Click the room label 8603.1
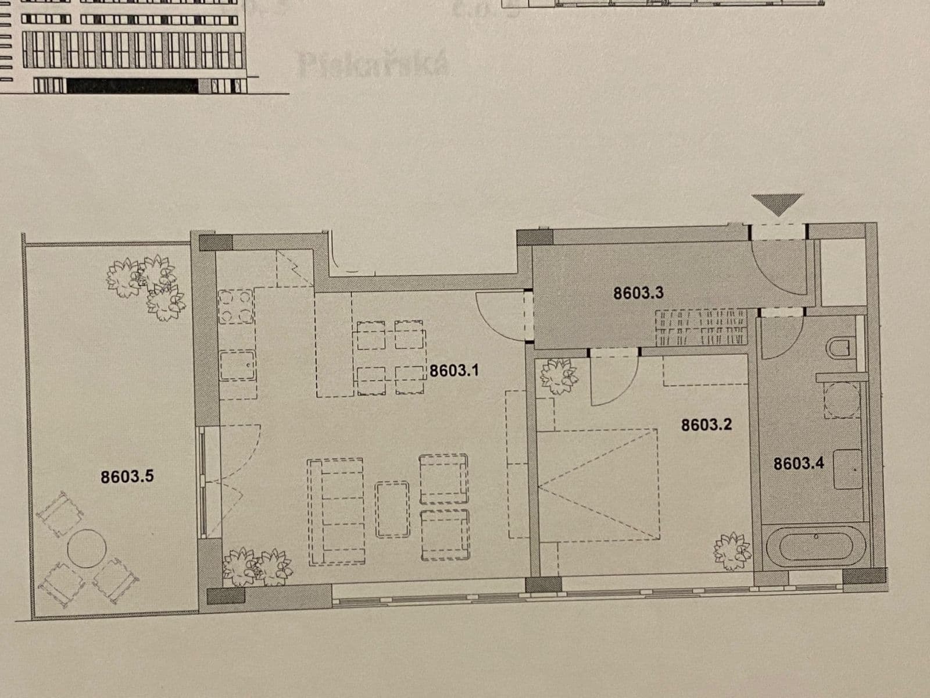point(454,371)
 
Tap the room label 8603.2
point(706,425)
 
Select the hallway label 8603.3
point(638,293)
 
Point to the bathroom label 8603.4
point(799,464)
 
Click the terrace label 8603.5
point(127,477)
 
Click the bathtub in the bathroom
point(816,547)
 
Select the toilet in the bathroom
point(840,348)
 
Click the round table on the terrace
point(87,548)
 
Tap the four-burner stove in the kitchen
point(236,307)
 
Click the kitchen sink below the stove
point(237,365)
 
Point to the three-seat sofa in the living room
point(337,511)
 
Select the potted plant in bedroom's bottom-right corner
point(732,550)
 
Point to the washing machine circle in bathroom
point(843,400)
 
